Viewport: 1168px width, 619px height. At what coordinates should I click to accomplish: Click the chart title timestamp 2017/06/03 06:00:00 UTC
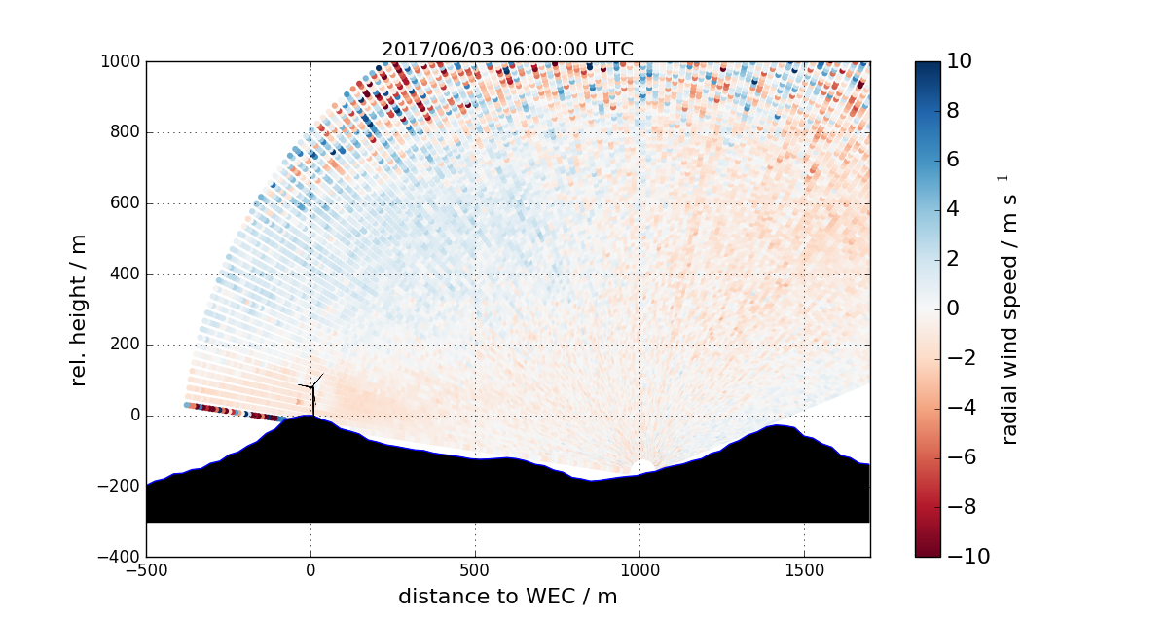pyautogui.click(x=507, y=50)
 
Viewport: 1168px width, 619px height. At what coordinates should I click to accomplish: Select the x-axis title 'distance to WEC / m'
pyautogui.click(x=507, y=596)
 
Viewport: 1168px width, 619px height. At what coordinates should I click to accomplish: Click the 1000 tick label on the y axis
pyautogui.click(x=121, y=61)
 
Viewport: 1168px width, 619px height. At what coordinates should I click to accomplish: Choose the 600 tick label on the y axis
pyautogui.click(x=125, y=203)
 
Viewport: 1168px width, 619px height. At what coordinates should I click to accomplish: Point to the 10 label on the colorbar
pyautogui.click(x=966, y=61)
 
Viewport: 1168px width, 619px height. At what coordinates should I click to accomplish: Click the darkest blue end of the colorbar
pyautogui.click(x=928, y=65)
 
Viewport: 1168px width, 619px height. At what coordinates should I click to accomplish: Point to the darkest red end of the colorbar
pyautogui.click(x=928, y=553)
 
